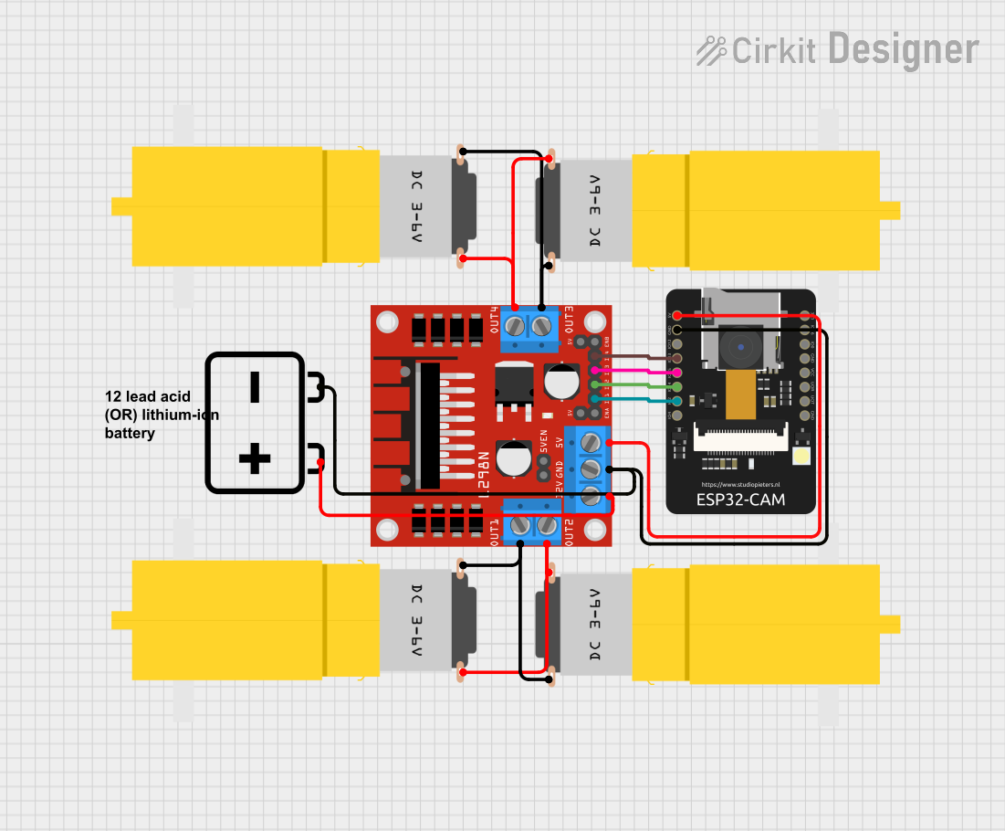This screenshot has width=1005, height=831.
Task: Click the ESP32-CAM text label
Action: (x=740, y=500)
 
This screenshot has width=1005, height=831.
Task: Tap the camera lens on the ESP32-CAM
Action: (x=740, y=346)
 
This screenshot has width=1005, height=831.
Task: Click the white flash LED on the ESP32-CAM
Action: (x=802, y=456)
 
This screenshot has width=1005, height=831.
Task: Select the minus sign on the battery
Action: (x=255, y=387)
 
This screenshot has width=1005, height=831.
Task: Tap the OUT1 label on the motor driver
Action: (x=494, y=530)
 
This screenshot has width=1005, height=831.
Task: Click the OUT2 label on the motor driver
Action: (x=569, y=530)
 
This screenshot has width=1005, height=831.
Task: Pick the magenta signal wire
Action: (x=639, y=372)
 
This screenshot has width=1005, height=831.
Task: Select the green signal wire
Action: (x=639, y=385)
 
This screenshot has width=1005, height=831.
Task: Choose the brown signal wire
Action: (x=639, y=356)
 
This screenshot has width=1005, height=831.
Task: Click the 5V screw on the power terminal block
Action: (x=591, y=443)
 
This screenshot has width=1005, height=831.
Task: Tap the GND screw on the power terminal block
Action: (x=591, y=469)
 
